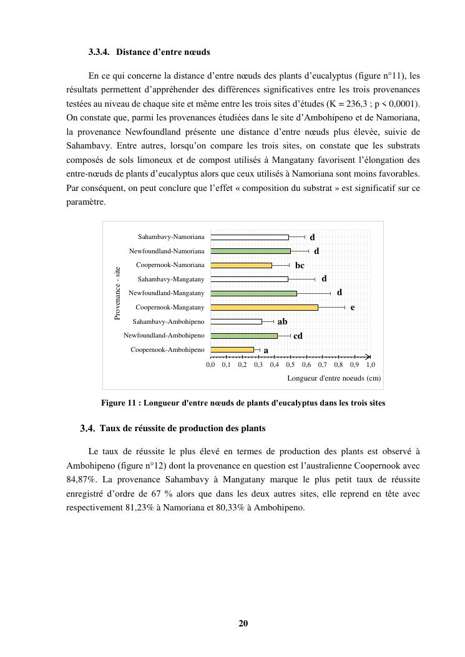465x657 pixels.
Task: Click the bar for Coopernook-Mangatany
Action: [264, 307]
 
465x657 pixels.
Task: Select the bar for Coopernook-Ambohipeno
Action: [232, 349]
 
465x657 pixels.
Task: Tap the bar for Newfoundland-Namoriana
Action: [250, 251]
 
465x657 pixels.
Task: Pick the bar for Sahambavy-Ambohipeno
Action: [236, 321]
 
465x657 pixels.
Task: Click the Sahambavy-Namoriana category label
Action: [171, 237]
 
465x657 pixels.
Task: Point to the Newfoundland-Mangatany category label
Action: [167, 293]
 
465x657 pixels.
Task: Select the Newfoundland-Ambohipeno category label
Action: [164, 336]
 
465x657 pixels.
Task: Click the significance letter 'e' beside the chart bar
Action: [353, 308]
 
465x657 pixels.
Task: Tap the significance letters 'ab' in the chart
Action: [282, 322]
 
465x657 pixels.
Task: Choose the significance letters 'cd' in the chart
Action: [298, 336]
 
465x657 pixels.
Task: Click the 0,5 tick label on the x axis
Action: [290, 364]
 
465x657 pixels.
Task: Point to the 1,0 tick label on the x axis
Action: [370, 364]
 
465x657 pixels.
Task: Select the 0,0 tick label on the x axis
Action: [210, 364]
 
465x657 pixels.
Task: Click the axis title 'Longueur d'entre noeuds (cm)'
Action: [333, 378]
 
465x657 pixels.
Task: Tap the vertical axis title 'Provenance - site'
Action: [117, 293]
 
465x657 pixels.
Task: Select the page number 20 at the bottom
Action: [243, 623]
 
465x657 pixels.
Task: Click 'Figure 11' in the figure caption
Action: [120, 403]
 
